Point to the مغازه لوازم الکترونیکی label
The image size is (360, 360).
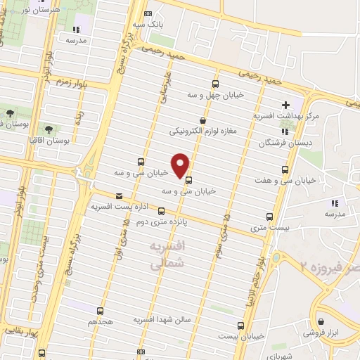click(202, 131)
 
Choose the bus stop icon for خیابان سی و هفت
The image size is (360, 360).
click(285, 169)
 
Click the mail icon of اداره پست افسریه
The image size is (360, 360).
click(118, 196)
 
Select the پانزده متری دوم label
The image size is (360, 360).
click(145, 220)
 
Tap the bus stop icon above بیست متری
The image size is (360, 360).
click(271, 217)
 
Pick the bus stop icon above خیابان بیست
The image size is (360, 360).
click(241, 326)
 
